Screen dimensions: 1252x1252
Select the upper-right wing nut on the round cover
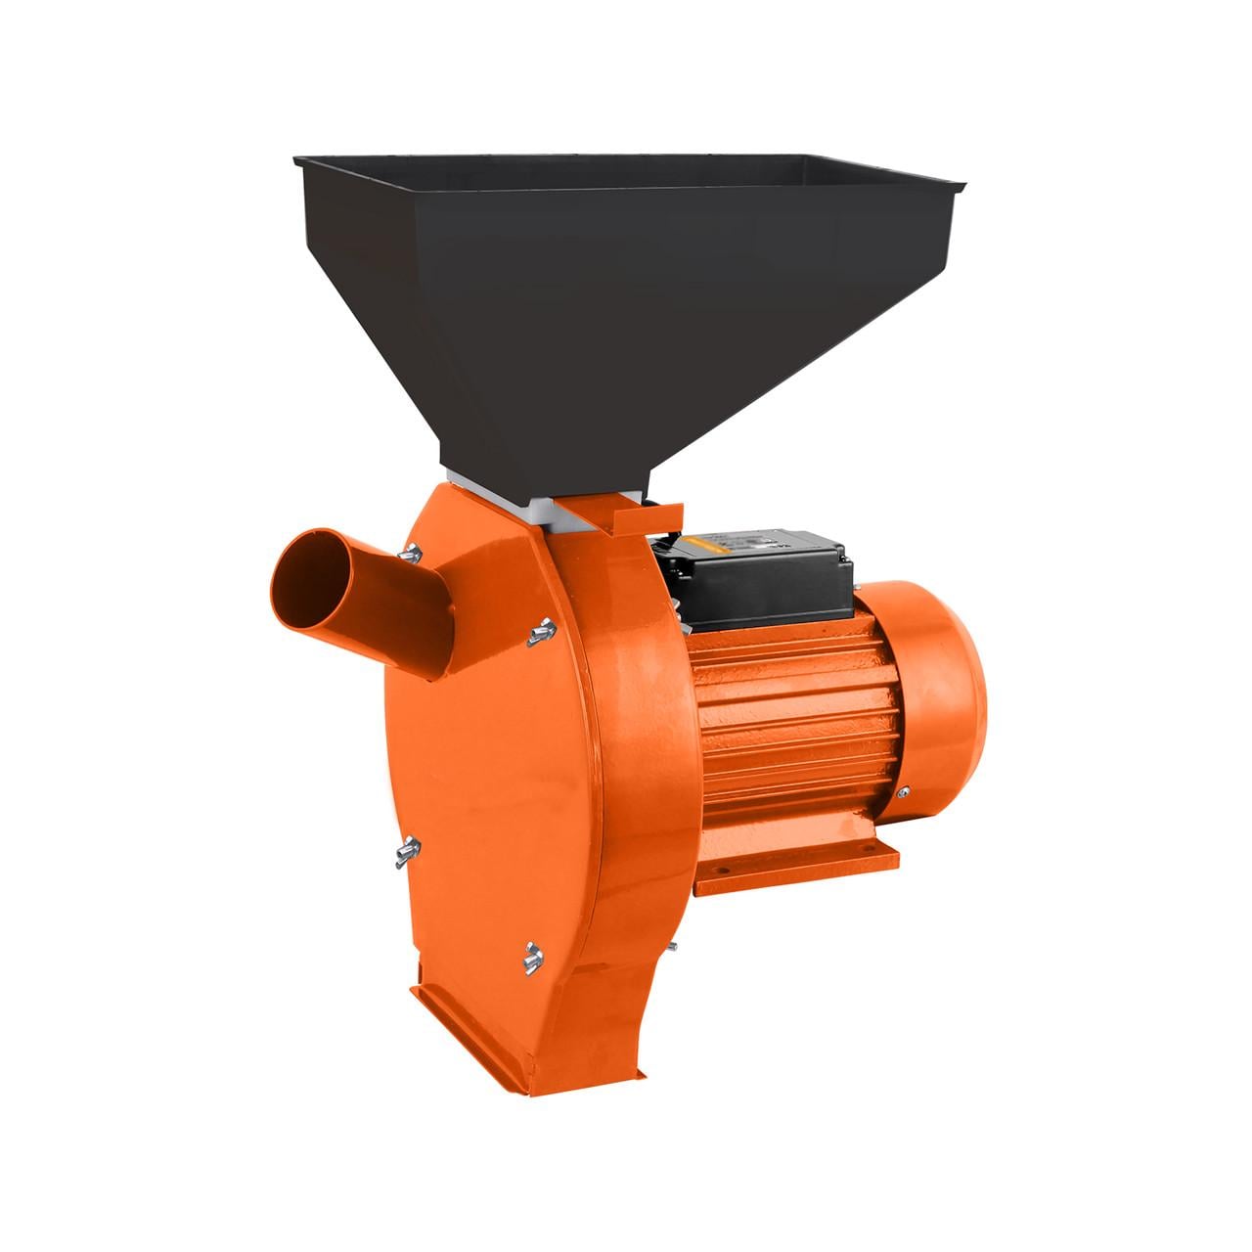click(536, 634)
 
